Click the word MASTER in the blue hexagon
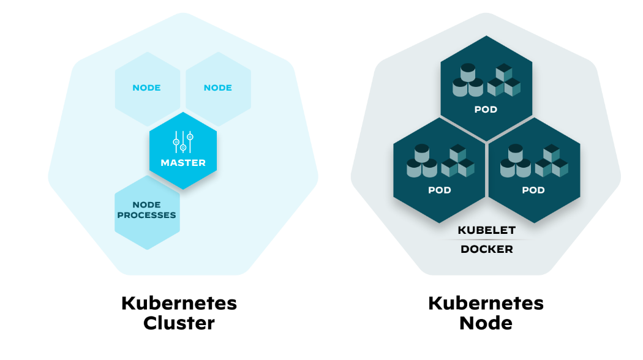183,163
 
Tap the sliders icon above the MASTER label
183,141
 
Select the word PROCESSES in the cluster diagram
146,216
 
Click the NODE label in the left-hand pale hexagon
146,88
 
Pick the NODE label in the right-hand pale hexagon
217,88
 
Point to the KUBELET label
487,231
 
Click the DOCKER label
487,249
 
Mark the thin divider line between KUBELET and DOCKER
487,240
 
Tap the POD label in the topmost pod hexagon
486,110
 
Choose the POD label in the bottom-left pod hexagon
439,190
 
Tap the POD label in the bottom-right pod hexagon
533,190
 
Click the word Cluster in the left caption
179,323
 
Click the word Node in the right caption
486,323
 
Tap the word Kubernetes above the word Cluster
179,303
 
